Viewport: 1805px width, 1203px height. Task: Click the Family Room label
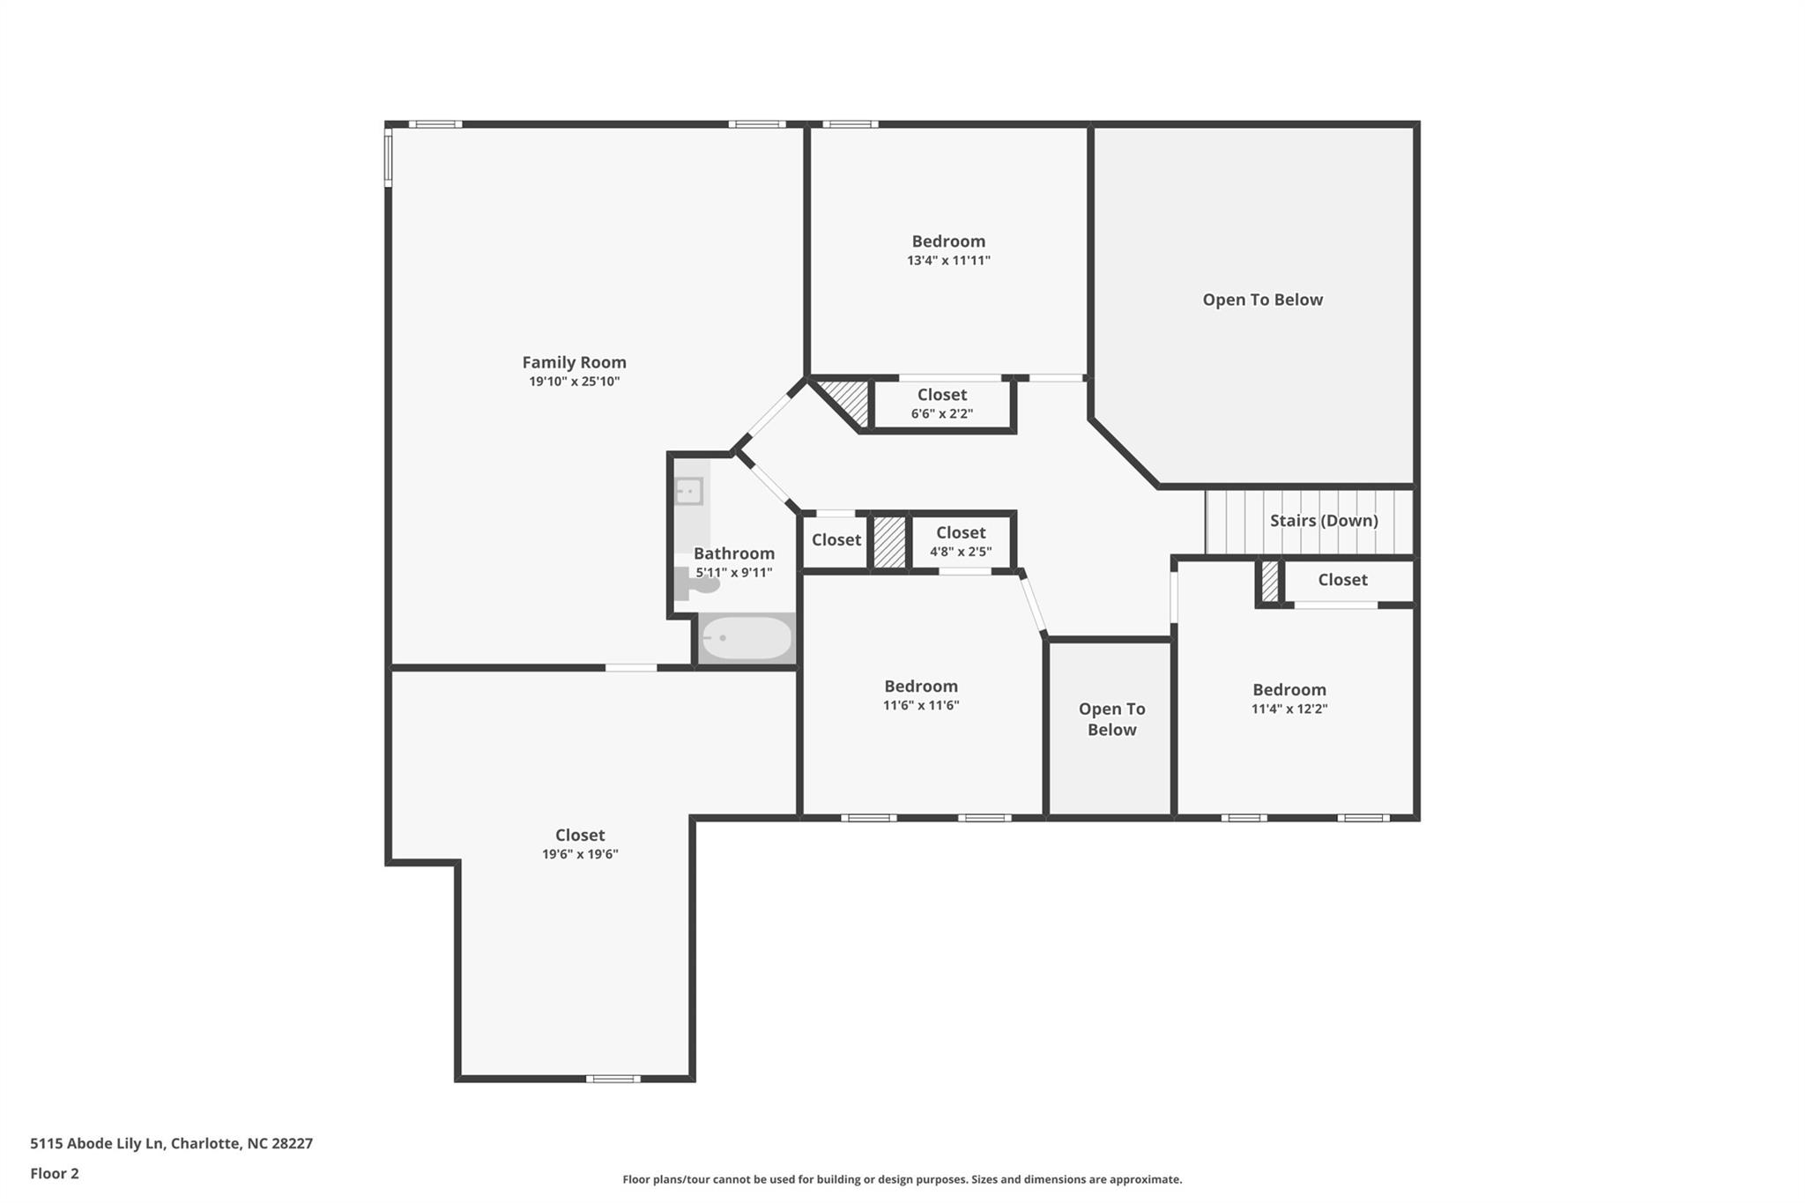(574, 362)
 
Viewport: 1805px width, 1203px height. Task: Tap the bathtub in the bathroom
(747, 638)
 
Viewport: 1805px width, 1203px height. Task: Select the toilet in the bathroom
(695, 583)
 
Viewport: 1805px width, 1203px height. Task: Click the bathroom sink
(688, 491)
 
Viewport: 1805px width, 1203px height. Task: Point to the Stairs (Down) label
(1324, 521)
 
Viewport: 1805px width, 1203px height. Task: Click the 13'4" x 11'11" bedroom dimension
(948, 261)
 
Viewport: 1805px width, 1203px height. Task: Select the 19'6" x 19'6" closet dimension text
(580, 854)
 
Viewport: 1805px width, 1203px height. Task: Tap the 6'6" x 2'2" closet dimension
(942, 413)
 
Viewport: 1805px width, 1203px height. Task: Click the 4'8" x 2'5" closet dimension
(961, 552)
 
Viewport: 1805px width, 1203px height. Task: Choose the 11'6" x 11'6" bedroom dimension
(921, 705)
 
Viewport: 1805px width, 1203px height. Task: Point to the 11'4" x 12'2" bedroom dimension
(1289, 709)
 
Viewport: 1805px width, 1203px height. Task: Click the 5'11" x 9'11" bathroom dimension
(734, 573)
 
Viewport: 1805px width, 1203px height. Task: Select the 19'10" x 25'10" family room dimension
(574, 382)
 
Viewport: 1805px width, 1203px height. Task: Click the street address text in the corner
(172, 1144)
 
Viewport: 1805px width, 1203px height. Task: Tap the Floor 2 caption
(55, 1174)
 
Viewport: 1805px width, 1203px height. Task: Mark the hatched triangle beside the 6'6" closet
(849, 397)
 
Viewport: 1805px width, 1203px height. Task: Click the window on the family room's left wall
(388, 157)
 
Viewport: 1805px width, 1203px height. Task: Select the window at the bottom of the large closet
(613, 1079)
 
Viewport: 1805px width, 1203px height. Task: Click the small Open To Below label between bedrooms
(1112, 719)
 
